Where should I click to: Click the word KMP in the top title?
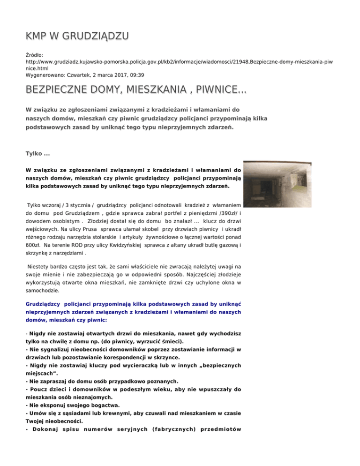click(x=40, y=36)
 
